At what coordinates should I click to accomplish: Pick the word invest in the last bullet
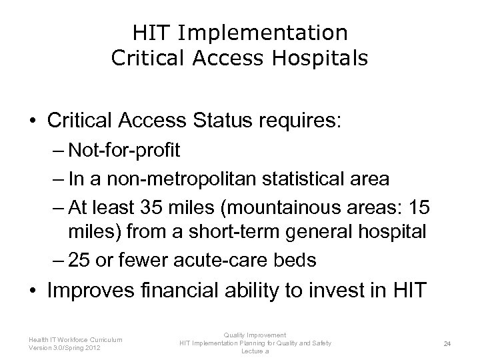coord(342,291)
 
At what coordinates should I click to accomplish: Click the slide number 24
coord(448,343)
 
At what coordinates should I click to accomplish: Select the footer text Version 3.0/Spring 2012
coord(65,347)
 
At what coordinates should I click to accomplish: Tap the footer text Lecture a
coord(255,351)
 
